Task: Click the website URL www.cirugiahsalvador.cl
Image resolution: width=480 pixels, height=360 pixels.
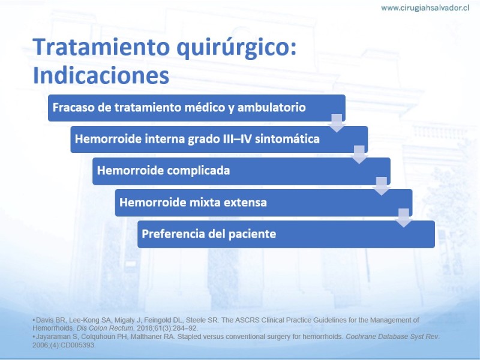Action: [x=425, y=8]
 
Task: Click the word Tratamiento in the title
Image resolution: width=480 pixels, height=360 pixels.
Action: [x=101, y=47]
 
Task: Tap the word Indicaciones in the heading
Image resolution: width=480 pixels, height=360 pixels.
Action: [x=101, y=75]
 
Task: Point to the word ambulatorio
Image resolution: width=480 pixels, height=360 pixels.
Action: [x=272, y=107]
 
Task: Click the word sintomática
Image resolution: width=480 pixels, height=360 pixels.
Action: [x=287, y=139]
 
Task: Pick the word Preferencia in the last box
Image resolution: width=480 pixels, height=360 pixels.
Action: [x=173, y=234]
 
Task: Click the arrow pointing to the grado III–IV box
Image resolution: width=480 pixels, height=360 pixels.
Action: [x=337, y=123]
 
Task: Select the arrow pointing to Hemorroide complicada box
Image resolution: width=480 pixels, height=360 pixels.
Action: [x=359, y=155]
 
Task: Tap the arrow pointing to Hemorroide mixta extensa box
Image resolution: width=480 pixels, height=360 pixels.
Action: [x=382, y=186]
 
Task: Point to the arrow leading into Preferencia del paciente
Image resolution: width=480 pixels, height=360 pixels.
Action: [x=404, y=218]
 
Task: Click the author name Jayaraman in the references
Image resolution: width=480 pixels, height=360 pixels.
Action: [x=51, y=337]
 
